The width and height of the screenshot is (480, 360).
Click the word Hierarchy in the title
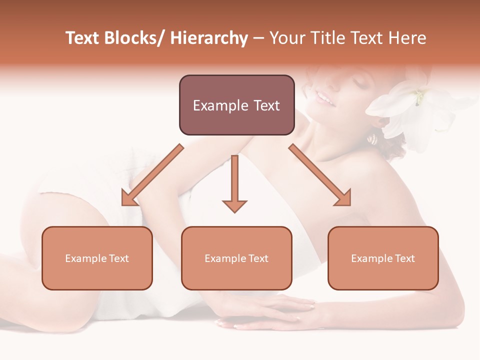209,38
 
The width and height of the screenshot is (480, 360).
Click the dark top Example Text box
236,105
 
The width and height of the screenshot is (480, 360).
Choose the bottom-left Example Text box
97,258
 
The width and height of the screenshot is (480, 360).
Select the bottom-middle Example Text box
236,258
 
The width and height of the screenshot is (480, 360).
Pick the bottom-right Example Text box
383,258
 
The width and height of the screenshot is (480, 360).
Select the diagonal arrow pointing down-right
320,175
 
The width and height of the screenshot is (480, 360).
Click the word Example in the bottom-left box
86,258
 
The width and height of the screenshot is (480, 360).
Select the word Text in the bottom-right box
404,258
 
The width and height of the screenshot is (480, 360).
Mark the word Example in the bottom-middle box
225,258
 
